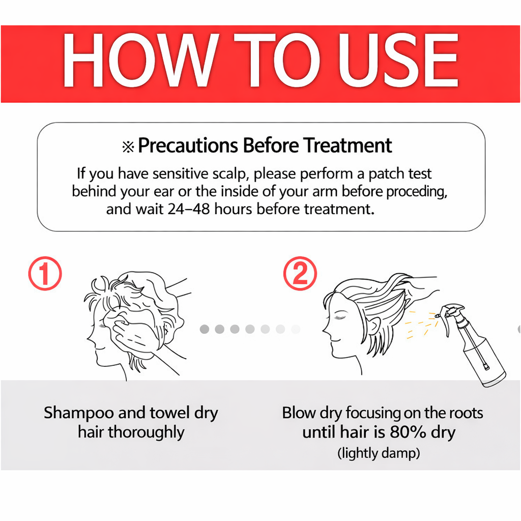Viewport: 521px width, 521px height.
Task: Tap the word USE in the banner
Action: [398, 60]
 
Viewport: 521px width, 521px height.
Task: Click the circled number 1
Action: [45, 273]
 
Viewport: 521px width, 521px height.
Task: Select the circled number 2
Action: [300, 273]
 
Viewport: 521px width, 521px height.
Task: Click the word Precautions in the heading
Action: [188, 146]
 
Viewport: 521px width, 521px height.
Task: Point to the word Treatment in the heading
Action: [348, 146]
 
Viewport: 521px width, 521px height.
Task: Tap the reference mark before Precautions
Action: [128, 147]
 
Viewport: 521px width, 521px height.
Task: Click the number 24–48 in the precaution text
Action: [189, 209]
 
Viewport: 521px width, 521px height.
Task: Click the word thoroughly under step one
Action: [146, 432]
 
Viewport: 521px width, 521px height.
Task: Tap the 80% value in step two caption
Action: [408, 432]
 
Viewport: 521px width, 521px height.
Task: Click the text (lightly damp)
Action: [379, 453]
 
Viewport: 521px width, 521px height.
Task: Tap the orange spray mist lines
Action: [421, 325]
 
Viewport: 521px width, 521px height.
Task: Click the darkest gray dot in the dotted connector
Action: [205, 329]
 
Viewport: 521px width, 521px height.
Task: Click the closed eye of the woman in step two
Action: [339, 317]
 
